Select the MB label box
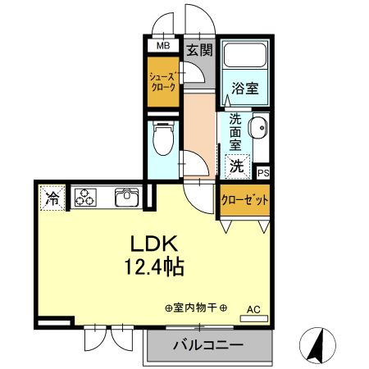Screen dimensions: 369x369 click(x=162, y=47)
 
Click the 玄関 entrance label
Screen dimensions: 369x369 click(x=198, y=49)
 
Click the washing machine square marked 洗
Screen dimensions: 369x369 click(x=236, y=166)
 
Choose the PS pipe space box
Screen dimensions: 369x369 click(x=263, y=173)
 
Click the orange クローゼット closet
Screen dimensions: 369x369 click(x=244, y=199)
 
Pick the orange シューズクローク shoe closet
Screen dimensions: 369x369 click(x=162, y=82)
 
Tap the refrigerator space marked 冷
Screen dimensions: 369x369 click(x=52, y=198)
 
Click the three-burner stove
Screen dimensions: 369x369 click(x=86, y=197)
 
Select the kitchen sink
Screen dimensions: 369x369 click(x=128, y=198)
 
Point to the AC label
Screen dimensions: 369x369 click(x=253, y=309)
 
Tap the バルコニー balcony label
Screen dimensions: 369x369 click(x=207, y=345)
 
